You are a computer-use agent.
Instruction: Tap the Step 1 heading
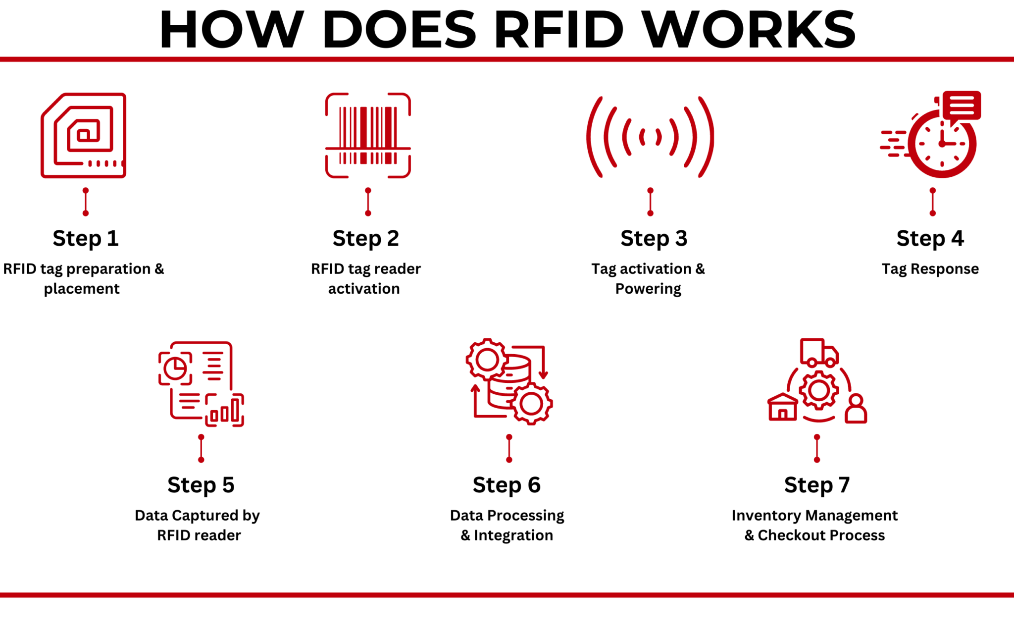(x=86, y=238)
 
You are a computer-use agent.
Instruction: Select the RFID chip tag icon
(x=84, y=135)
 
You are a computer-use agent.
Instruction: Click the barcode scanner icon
(x=368, y=135)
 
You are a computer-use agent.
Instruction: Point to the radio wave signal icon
(x=650, y=137)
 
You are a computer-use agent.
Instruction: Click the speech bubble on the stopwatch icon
(x=962, y=105)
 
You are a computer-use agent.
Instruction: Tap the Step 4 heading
(x=930, y=238)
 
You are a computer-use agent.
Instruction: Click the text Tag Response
(x=930, y=269)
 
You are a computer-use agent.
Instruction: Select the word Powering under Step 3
(x=648, y=289)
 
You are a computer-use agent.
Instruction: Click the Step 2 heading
(x=365, y=238)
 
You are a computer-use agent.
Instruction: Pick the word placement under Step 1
(x=82, y=289)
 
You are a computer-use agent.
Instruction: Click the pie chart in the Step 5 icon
(x=175, y=369)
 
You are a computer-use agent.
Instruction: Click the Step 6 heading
(x=507, y=485)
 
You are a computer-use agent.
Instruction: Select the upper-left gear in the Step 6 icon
(x=487, y=360)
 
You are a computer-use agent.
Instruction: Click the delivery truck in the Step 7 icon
(x=819, y=353)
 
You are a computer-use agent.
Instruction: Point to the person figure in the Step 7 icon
(x=856, y=409)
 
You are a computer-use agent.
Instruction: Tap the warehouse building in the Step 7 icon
(x=783, y=408)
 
